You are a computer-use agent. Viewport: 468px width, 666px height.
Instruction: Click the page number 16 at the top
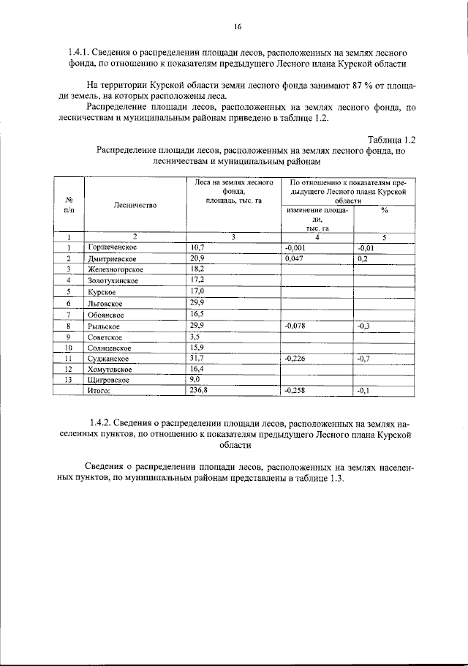237,27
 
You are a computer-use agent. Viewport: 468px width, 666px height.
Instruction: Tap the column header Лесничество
135,205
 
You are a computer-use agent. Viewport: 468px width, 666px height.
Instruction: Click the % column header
384,210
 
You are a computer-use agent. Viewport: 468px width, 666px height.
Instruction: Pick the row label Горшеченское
113,247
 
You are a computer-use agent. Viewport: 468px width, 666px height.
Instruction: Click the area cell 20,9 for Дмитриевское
197,258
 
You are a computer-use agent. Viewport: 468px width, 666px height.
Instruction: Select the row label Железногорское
116,269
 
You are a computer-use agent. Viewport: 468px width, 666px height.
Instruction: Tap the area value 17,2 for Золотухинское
197,280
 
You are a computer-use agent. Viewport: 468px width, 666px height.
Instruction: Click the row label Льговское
105,303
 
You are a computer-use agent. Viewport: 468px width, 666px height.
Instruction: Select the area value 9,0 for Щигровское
195,380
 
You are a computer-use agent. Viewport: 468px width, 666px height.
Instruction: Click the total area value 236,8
199,392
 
